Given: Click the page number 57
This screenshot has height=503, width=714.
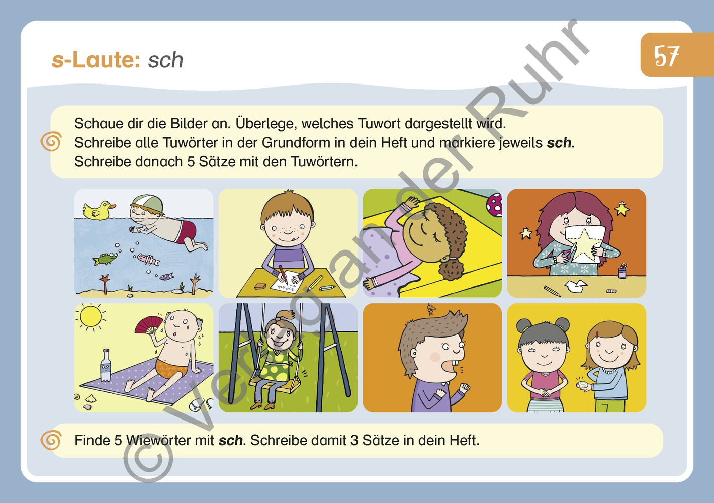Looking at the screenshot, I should pos(667,56).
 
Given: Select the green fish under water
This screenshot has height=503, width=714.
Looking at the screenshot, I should pos(104,259).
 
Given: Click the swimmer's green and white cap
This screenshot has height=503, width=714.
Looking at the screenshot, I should pos(146,202).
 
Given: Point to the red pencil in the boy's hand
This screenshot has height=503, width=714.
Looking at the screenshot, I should pos(283,274).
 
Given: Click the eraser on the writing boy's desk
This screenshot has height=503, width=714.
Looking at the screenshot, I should pos(259,286).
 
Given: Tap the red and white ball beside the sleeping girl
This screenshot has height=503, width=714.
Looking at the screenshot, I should pos(494,205).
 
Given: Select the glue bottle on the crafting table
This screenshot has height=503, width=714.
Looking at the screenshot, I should pos(622,271).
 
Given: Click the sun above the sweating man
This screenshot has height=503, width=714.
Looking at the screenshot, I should pos(91,317).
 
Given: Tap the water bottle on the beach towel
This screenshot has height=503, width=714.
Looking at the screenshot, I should pos(106,366).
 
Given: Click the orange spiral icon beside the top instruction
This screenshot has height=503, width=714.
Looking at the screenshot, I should pos(51,142).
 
